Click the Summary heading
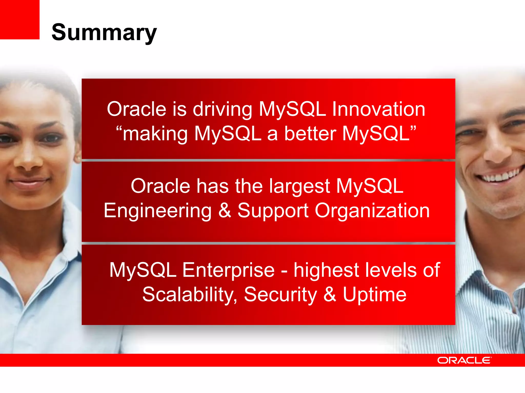[104, 32]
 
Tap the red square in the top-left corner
[19, 19]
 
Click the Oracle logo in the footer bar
[464, 360]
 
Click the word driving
[222, 110]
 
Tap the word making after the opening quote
[155, 134]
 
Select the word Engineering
[157, 211]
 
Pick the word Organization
[372, 211]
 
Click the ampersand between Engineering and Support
[225, 210]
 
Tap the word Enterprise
[229, 270]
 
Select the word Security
[280, 295]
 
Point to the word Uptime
[375, 295]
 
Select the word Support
[273, 211]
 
